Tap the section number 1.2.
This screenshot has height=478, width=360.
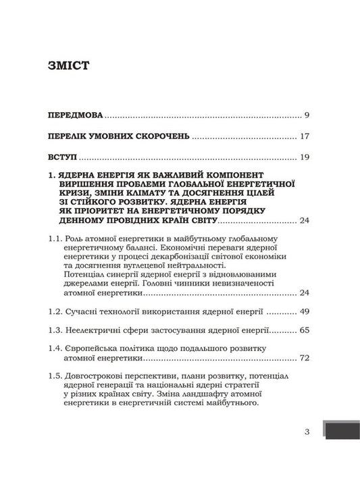(57, 313)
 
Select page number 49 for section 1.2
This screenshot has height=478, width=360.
(305, 313)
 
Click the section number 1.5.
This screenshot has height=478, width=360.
(57, 375)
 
